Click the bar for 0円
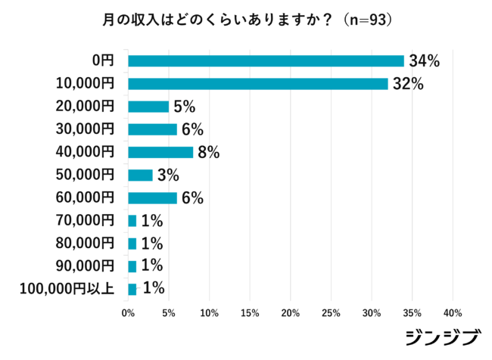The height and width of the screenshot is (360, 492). (x=266, y=61)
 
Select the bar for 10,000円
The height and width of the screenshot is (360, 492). (x=257, y=84)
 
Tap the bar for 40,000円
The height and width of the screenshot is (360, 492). (x=160, y=152)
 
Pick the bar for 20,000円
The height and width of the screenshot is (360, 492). (x=148, y=107)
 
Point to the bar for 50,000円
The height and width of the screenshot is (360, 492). (x=140, y=175)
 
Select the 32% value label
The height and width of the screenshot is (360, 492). (x=407, y=84)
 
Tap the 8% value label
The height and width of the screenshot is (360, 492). (x=208, y=152)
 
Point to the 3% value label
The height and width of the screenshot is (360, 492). (x=168, y=175)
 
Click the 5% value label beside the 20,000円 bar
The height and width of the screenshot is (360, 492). (x=184, y=107)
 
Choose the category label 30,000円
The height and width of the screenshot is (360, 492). (x=86, y=129)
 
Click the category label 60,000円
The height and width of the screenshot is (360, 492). (x=86, y=197)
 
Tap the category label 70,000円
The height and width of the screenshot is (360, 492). (x=86, y=220)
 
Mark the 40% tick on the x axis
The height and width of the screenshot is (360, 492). (x=453, y=312)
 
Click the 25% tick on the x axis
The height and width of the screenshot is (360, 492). (x=331, y=312)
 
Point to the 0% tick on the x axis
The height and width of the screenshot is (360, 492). (x=128, y=312)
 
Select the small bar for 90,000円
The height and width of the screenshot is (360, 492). (x=132, y=265)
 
